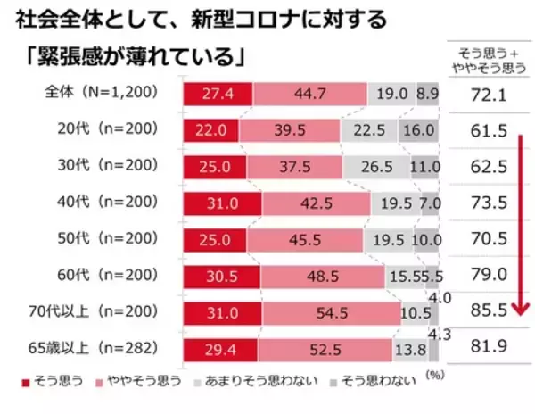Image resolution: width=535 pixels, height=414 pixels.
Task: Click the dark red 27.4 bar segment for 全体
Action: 218,93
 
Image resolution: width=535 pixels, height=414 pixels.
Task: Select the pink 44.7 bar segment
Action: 309,93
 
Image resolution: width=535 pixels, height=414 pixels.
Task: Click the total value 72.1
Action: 488,94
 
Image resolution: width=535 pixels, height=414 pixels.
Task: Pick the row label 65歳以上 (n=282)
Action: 106,349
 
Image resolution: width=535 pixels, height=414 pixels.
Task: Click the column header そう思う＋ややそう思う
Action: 488,59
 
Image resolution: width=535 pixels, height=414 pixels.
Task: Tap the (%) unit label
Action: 434,376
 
